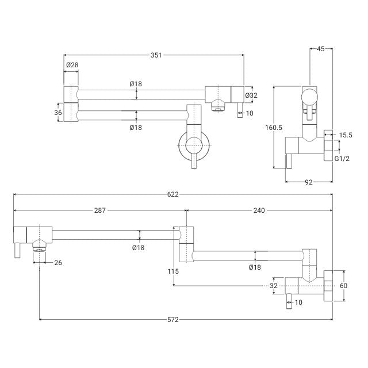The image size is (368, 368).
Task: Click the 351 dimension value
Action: pyautogui.click(x=156, y=55)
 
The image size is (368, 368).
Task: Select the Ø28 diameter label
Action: pyautogui.click(x=72, y=66)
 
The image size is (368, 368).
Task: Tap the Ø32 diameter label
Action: pyautogui.click(x=251, y=95)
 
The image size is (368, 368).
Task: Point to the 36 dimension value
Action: pyautogui.click(x=58, y=113)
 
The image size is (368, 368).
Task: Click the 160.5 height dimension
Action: pyautogui.click(x=275, y=128)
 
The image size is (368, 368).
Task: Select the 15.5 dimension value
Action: pyautogui.click(x=345, y=135)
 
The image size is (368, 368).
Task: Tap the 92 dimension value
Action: pyautogui.click(x=308, y=182)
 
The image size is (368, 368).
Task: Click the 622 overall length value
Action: pyautogui.click(x=172, y=194)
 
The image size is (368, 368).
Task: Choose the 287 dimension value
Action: pyautogui.click(x=99, y=210)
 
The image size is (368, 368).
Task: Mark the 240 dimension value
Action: pyautogui.click(x=258, y=210)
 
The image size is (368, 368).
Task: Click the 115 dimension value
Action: pyautogui.click(x=174, y=271)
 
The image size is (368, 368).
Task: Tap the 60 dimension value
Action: pyautogui.click(x=344, y=286)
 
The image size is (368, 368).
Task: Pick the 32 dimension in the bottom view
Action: pyautogui.click(x=274, y=286)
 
